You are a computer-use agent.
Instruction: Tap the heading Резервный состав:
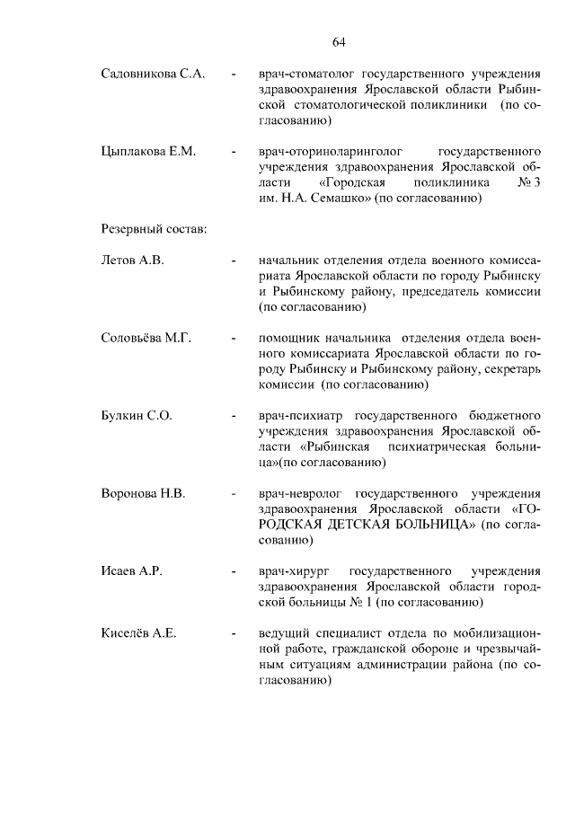click(x=154, y=229)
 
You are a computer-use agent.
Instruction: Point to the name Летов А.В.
click(x=132, y=261)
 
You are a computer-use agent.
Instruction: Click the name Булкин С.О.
click(x=137, y=416)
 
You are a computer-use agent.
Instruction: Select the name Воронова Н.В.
click(x=144, y=494)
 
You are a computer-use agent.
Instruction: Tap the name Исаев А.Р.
click(x=131, y=571)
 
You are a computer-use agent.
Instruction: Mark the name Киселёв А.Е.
click(x=138, y=633)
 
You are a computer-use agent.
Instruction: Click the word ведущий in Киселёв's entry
click(x=284, y=633)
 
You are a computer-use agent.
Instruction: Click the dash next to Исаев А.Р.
click(x=233, y=572)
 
